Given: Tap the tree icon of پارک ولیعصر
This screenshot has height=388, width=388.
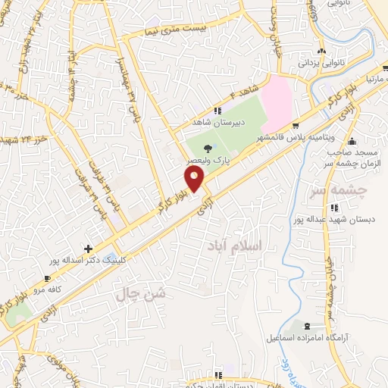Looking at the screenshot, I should pyautogui.click(x=209, y=149).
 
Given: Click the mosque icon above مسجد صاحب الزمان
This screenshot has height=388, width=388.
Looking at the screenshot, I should pyautogui.click(x=350, y=140).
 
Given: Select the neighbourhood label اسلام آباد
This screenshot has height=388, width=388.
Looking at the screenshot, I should pyautogui.click(x=233, y=246).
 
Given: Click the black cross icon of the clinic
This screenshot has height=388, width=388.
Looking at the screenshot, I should pyautogui.click(x=89, y=249).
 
